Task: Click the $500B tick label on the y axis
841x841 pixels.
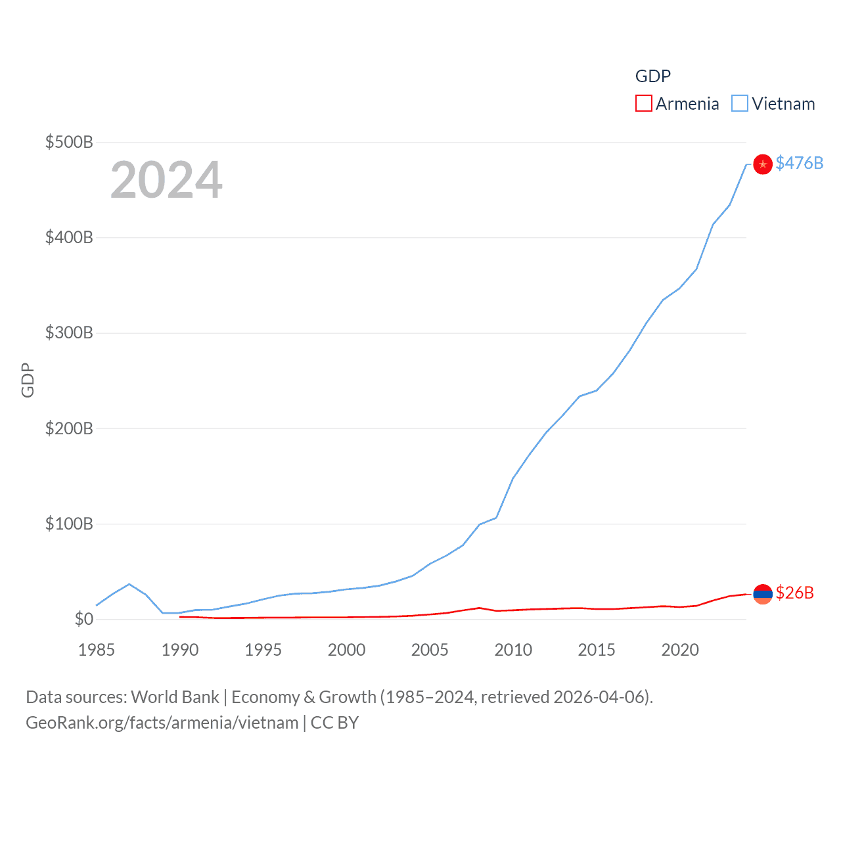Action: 69,142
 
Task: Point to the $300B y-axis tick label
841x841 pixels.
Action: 69,332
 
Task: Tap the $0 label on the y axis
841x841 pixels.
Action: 84,619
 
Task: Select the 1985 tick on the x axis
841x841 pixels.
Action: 97,650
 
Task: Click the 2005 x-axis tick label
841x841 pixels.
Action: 430,650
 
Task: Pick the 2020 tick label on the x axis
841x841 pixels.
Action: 680,650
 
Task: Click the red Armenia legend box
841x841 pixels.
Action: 644,104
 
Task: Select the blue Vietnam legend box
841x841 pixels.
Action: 740,104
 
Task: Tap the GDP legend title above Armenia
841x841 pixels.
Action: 653,76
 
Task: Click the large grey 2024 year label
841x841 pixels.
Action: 166,180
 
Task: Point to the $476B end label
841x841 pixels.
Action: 799,163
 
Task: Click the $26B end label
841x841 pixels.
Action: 794,593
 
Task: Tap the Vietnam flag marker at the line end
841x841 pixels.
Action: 763,164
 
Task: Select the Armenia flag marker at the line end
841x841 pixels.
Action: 763,594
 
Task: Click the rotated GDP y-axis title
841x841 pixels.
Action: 28,380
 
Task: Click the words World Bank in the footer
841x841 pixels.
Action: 175,696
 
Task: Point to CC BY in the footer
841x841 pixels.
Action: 334,723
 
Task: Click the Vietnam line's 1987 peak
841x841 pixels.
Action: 129,584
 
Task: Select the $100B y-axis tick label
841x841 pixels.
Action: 69,524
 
